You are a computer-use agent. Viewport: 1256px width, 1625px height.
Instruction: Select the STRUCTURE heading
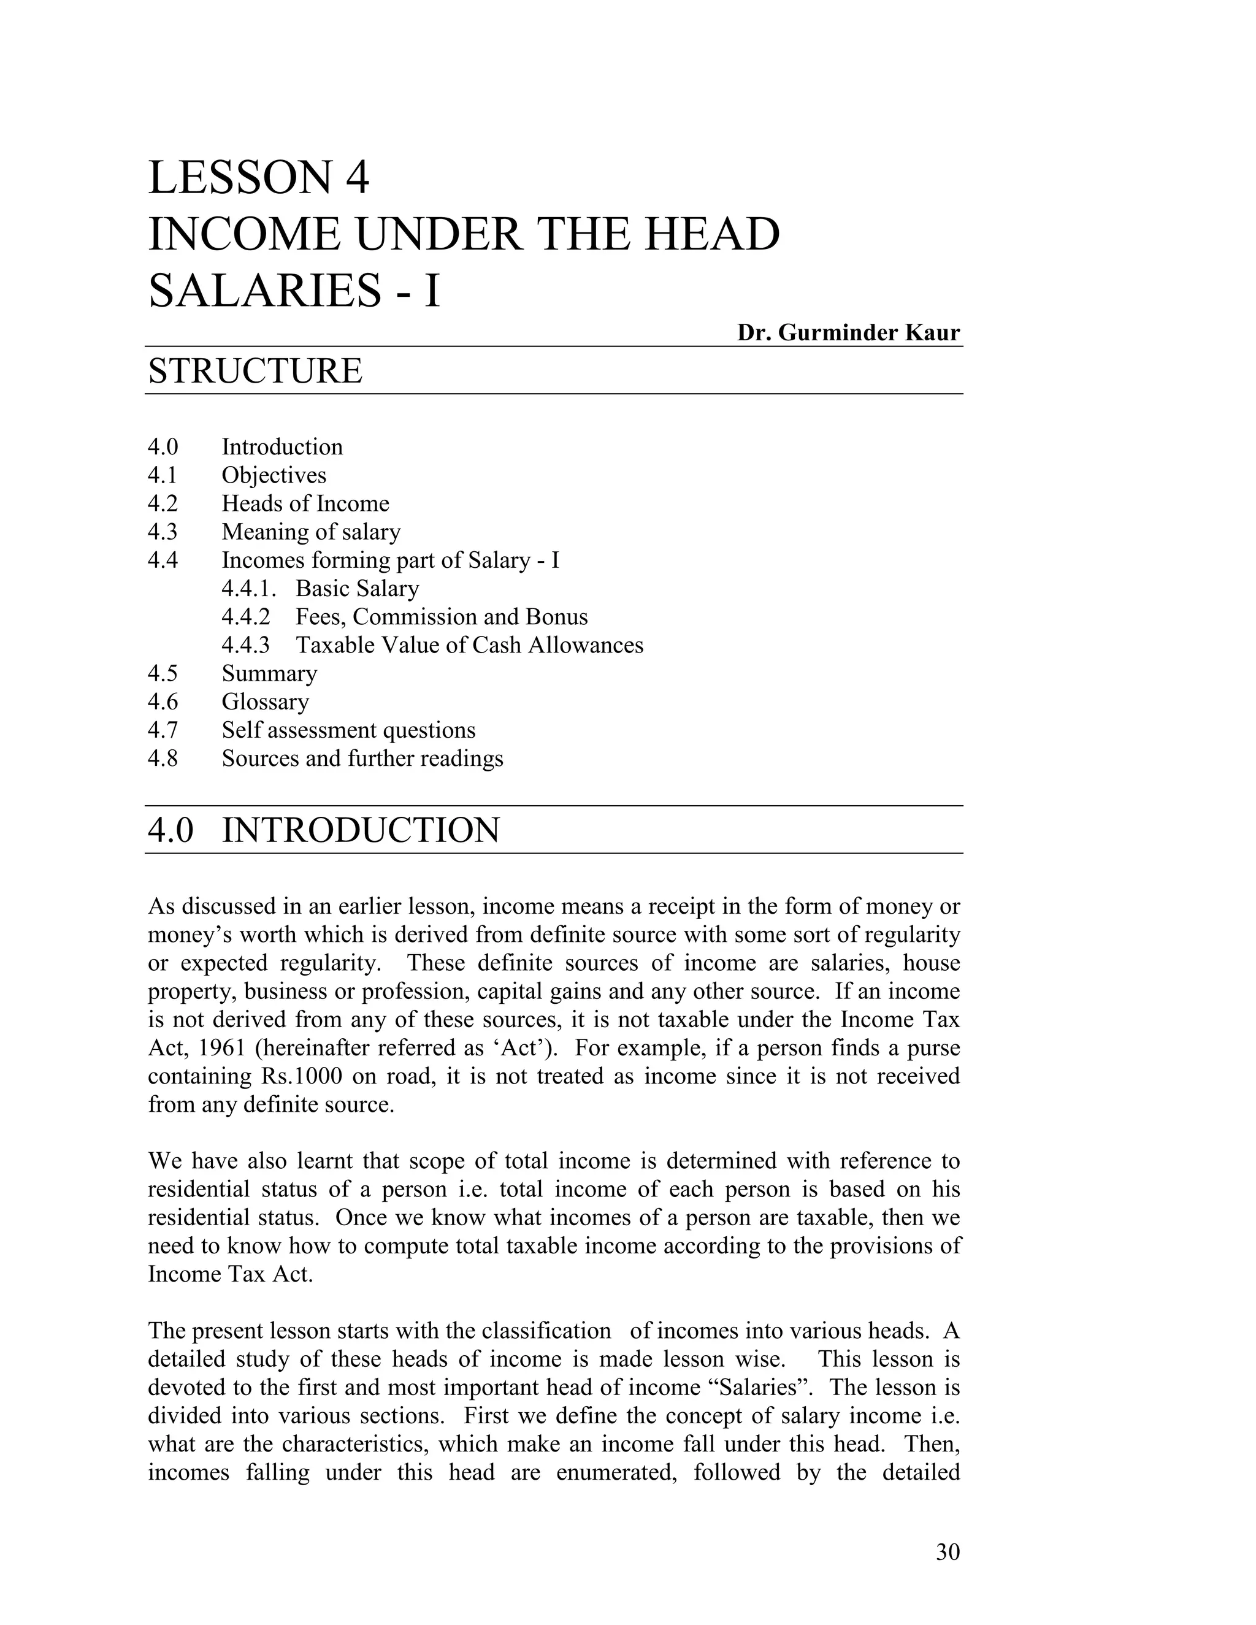pos(255,370)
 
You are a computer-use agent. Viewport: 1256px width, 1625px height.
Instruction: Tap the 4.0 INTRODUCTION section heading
pos(324,830)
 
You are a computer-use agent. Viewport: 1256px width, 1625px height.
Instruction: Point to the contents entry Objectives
pos(274,475)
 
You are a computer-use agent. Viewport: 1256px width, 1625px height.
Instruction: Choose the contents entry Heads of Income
pos(305,503)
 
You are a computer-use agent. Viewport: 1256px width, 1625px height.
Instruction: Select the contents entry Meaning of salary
pos(311,532)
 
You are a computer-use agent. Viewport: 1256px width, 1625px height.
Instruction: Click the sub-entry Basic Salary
pos(357,589)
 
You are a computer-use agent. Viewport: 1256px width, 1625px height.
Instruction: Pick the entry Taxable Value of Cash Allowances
pos(470,645)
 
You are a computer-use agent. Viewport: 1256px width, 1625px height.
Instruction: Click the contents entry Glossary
pos(265,702)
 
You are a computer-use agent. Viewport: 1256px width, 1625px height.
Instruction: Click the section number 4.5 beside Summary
pos(163,673)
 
